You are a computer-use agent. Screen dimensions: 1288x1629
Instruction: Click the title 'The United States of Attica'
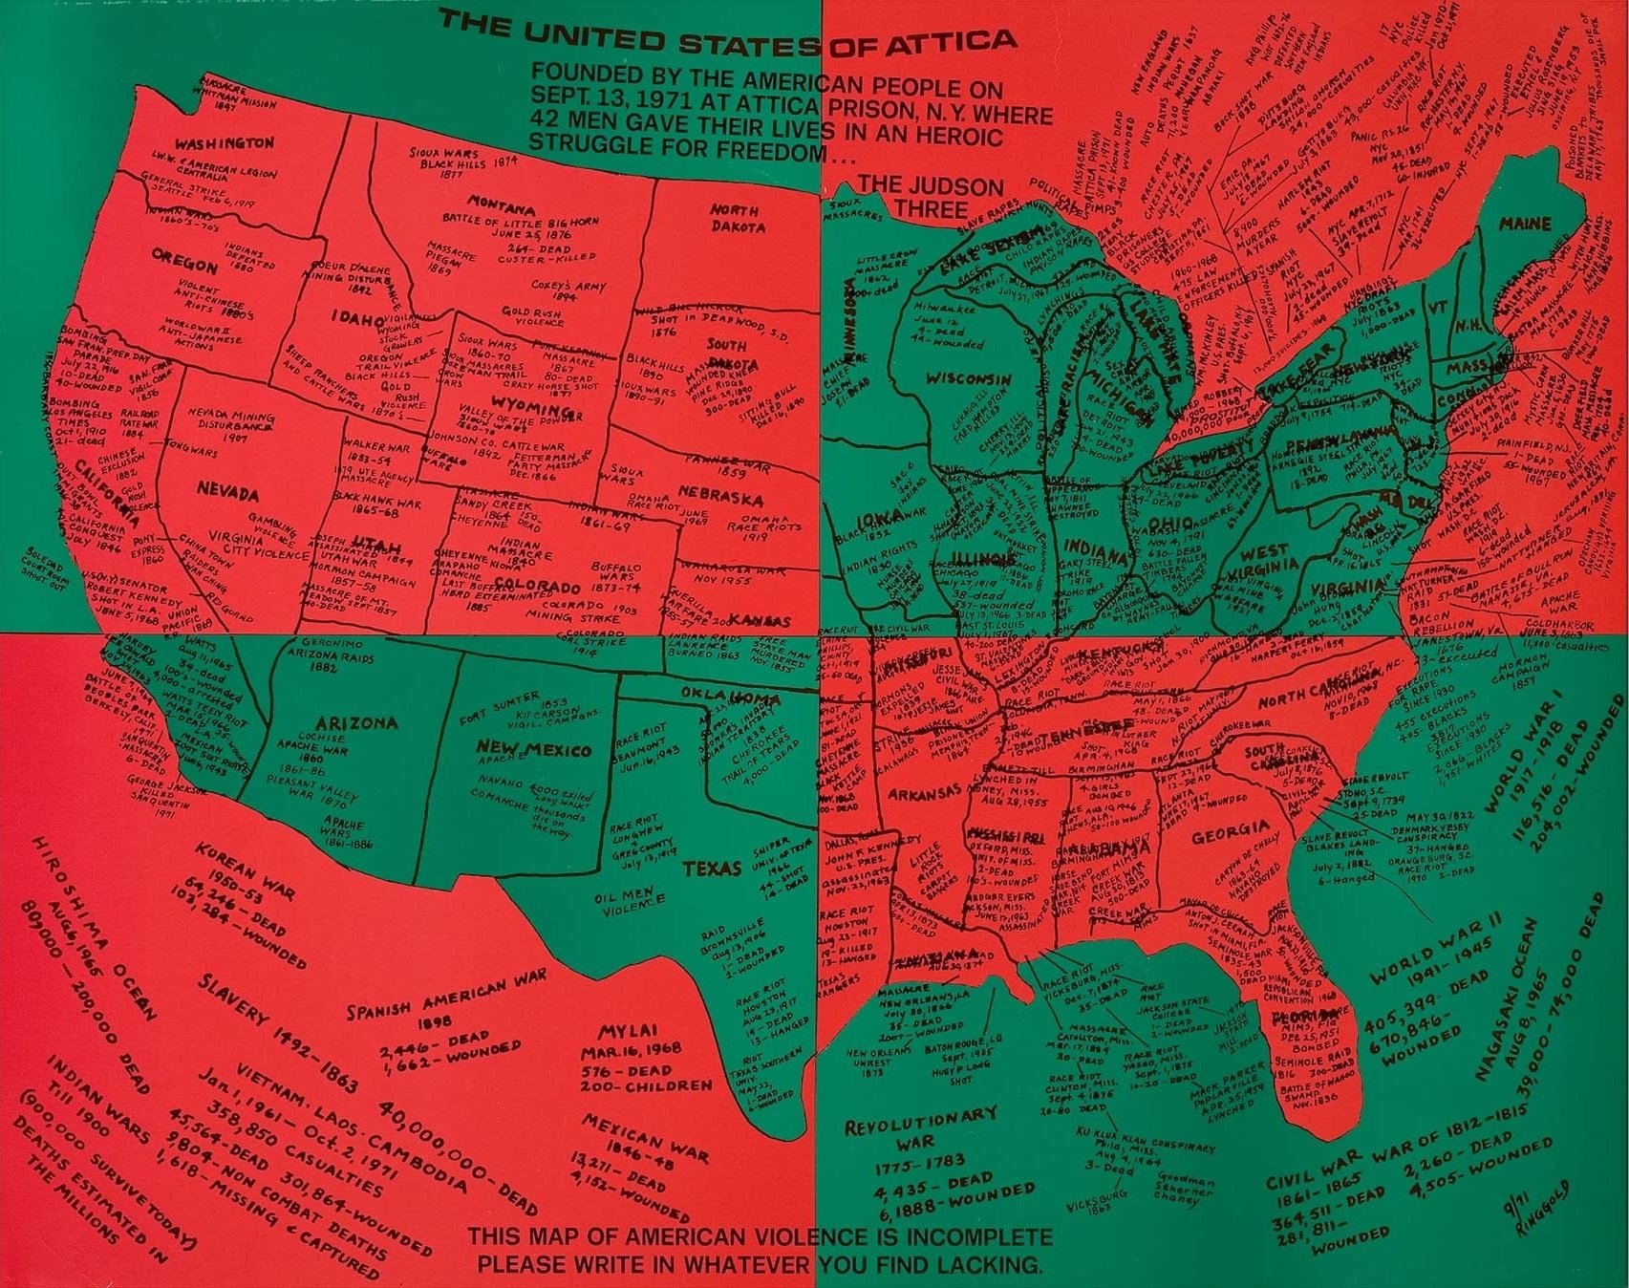pos(727,40)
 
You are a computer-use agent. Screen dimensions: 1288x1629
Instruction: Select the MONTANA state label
pos(501,204)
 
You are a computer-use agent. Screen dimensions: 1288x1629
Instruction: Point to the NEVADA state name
pos(227,493)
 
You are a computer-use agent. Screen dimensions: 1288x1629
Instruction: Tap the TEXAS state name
pos(712,869)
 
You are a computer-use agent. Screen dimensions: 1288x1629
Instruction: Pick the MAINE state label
pos(1525,225)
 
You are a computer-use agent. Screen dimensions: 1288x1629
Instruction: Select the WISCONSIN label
pos(968,378)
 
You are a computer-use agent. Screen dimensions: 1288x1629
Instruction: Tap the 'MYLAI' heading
pos(627,1033)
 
